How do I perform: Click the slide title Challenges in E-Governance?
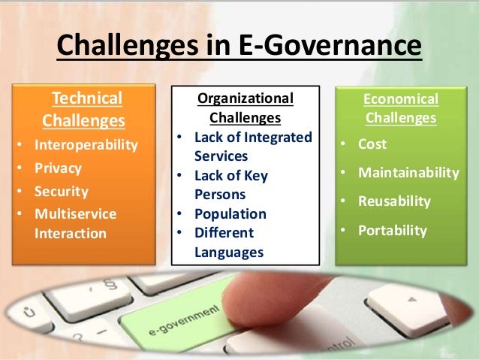point(239,47)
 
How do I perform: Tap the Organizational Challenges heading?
point(245,108)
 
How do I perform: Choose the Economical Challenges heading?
point(400,108)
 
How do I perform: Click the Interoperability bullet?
point(86,145)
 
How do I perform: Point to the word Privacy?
point(58,168)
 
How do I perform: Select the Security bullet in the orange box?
point(62,191)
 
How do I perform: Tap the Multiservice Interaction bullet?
point(75,223)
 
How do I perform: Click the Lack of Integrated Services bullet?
point(252,146)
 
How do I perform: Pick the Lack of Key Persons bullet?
point(231,185)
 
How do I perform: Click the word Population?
point(230,213)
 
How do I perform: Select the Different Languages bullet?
point(229,243)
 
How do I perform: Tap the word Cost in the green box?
point(372,144)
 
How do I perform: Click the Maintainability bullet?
point(408,173)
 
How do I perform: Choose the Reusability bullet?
point(394,201)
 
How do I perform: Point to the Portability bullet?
point(392,231)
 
